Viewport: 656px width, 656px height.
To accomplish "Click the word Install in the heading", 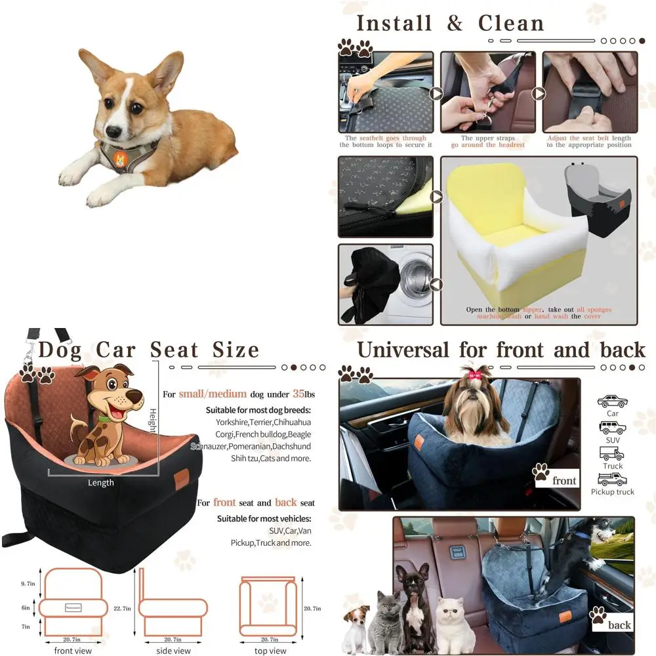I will (x=394, y=24).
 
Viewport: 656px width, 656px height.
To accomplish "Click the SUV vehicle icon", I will (x=612, y=428).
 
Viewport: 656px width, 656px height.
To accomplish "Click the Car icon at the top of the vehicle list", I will (x=612, y=401).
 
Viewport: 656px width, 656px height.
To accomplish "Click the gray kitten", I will (x=386, y=624).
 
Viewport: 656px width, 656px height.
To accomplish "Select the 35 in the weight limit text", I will (x=299, y=394).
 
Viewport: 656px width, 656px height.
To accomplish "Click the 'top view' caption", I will (x=270, y=651).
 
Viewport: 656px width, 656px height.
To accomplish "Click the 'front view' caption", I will (x=73, y=651).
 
